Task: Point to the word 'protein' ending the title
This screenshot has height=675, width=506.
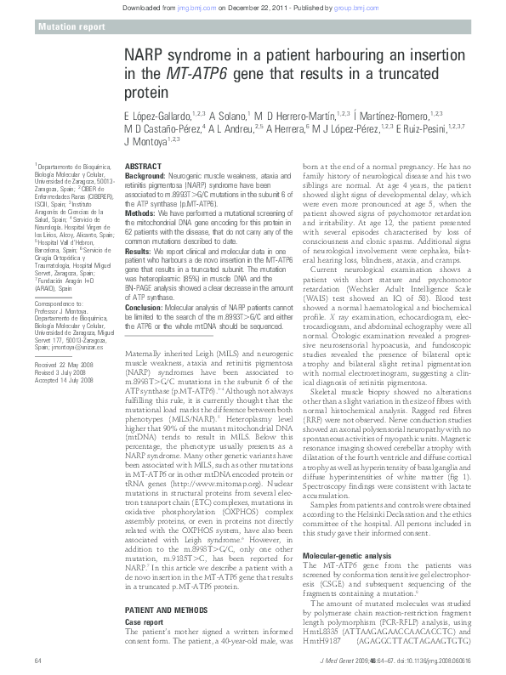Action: (145, 91)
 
